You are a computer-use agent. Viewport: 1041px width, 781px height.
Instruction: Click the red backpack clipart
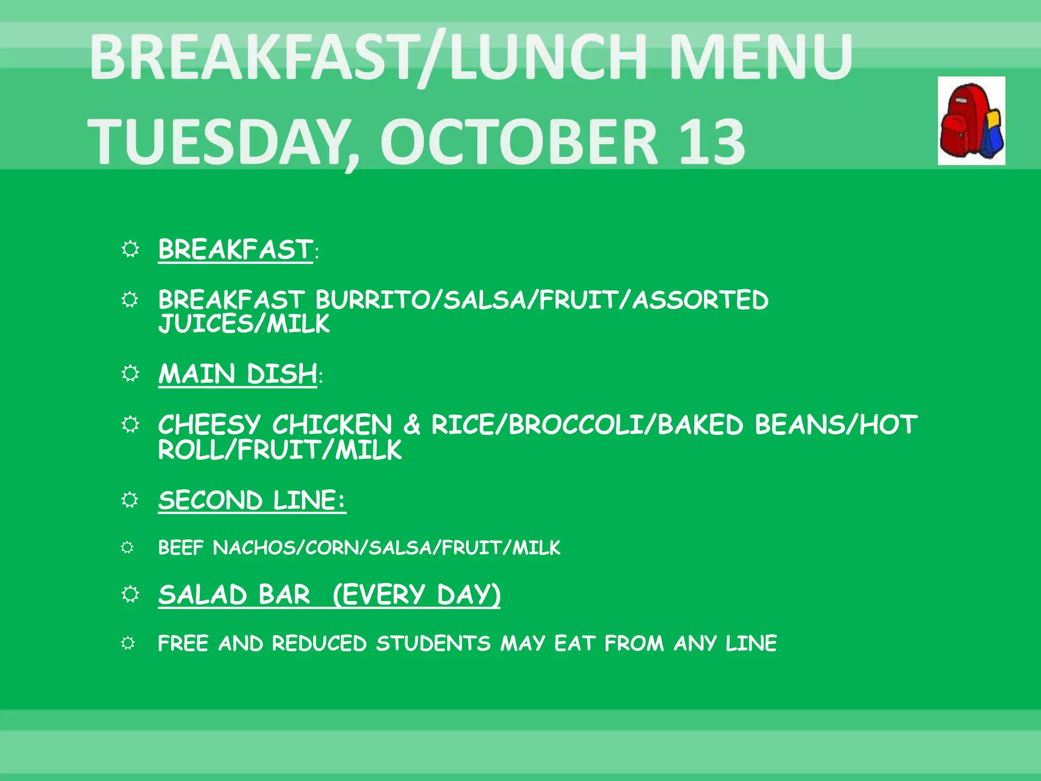971,121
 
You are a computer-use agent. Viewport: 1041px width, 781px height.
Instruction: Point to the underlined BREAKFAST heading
235,250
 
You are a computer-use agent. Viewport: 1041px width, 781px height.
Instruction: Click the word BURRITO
372,300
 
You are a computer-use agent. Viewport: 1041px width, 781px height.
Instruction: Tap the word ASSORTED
700,300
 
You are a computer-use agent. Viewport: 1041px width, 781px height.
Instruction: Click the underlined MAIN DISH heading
237,374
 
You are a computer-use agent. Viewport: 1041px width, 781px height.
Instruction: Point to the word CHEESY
209,425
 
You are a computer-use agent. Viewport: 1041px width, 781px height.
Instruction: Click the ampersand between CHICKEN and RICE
412,425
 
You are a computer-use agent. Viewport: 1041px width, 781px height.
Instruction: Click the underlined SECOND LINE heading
252,500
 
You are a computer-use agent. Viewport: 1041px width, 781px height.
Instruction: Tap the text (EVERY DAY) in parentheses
417,594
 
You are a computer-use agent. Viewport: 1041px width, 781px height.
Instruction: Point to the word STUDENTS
433,644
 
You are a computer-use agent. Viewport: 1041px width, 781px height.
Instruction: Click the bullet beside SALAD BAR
130,594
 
